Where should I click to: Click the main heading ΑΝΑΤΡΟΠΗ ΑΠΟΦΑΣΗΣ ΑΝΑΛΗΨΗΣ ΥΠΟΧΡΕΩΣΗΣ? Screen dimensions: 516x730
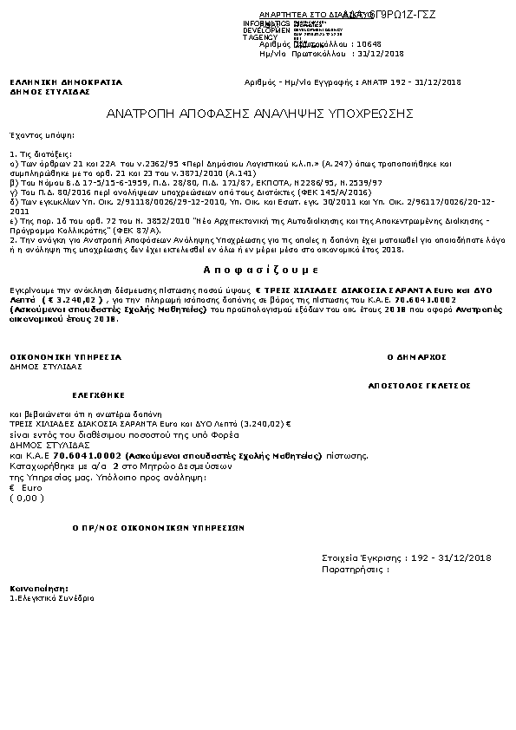pos(259,114)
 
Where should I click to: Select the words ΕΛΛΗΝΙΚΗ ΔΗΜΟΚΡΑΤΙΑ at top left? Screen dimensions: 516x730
pos(66,82)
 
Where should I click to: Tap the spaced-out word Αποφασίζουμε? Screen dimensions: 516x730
pos(258,269)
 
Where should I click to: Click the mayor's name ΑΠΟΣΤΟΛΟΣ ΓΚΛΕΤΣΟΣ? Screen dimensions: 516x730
pos(420,381)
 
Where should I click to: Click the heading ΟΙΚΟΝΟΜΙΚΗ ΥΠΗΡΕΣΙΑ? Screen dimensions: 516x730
pos(65,356)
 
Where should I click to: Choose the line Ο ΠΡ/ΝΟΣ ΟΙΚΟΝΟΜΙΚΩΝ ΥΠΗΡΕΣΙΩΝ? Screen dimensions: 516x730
pos(157,527)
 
